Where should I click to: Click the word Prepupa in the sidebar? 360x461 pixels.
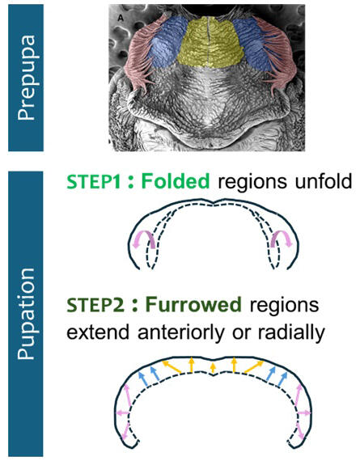[27, 78]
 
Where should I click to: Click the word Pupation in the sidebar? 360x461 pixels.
[27, 314]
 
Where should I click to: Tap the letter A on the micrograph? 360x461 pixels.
[121, 19]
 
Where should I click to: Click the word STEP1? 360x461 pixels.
[94, 181]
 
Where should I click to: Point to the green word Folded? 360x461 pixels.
[176, 181]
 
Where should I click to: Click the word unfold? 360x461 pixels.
[324, 181]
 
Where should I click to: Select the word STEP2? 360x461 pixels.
[95, 305]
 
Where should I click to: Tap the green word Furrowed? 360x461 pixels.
[193, 305]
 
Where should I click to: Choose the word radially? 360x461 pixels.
[291, 332]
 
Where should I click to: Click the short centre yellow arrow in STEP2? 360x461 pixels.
[214, 368]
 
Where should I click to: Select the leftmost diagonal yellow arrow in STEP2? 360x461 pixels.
[172, 367]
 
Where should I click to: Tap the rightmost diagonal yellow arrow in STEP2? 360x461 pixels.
[254, 367]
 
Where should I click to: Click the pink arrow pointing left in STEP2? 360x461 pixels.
[123, 413]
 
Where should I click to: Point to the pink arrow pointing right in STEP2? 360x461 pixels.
[304, 413]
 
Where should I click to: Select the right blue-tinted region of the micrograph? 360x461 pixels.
[253, 44]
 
